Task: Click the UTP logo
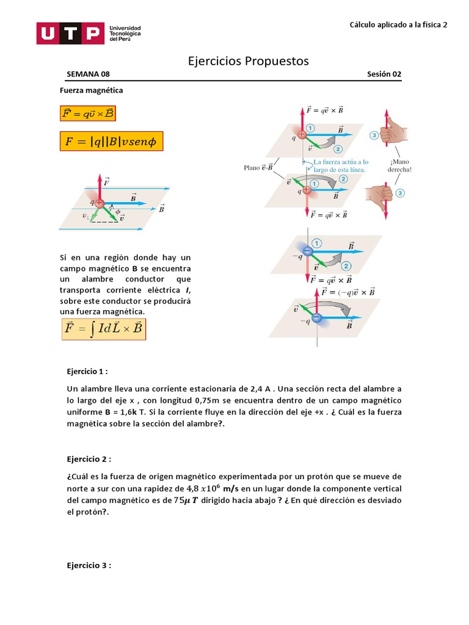coord(89,33)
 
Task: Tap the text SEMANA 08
coord(88,74)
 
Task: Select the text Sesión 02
coord(384,74)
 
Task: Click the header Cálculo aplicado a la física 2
coord(398,25)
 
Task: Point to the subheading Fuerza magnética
coord(91,90)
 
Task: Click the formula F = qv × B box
coord(88,113)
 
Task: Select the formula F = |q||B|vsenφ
coord(111,142)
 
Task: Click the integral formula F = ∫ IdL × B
coord(103,330)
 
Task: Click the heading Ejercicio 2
coord(89,458)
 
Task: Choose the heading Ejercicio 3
coord(89,566)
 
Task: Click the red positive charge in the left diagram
coord(100,203)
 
